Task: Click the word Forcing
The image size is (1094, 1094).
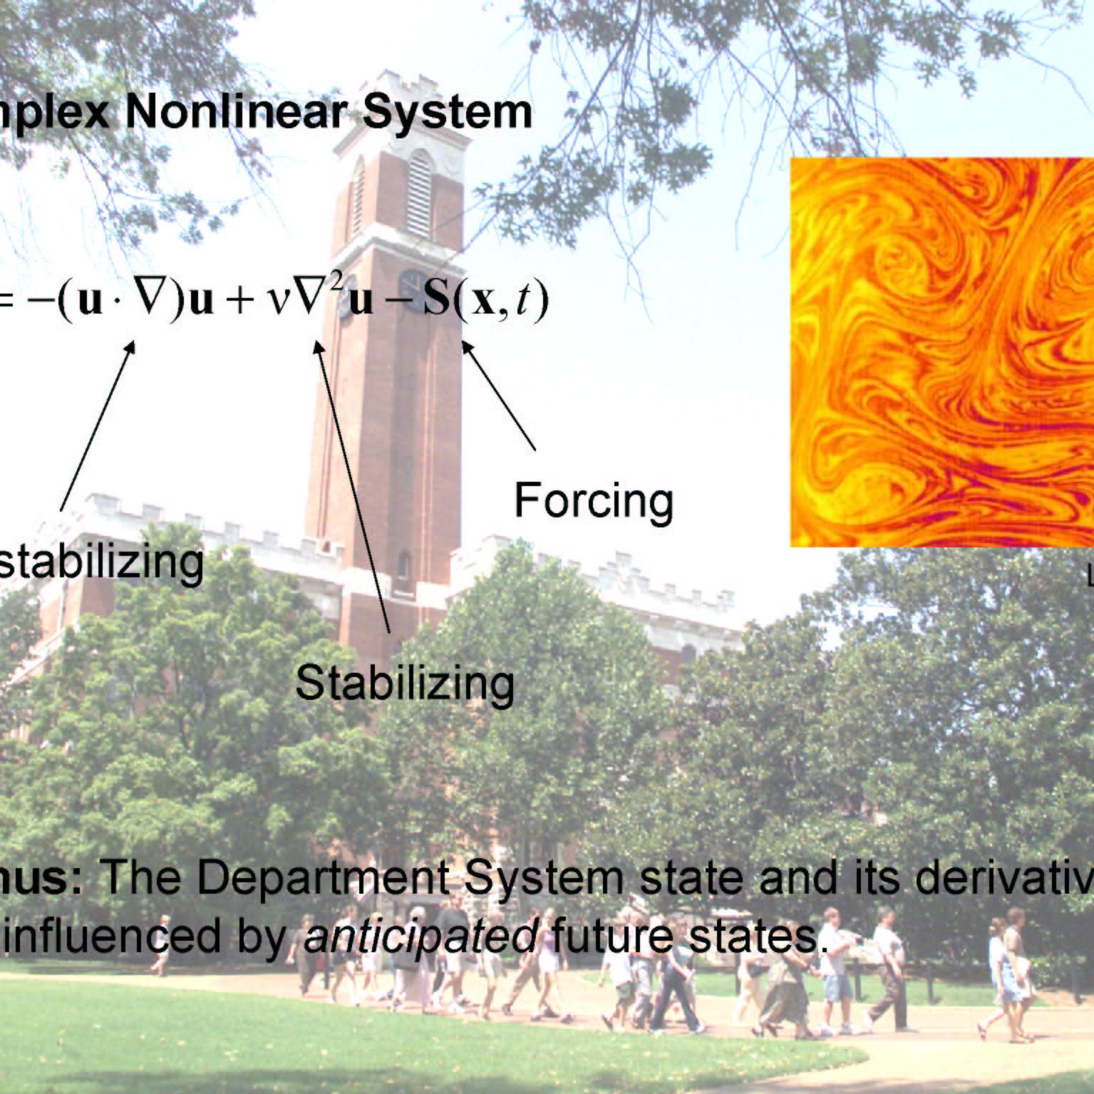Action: click(x=593, y=500)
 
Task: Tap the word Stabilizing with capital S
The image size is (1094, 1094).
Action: click(x=404, y=683)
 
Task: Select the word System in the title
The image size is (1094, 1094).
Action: click(x=447, y=113)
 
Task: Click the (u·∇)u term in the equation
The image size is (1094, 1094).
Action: click(x=135, y=301)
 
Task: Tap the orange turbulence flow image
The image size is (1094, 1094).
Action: click(x=941, y=352)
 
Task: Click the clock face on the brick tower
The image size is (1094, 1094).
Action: click(x=412, y=283)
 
